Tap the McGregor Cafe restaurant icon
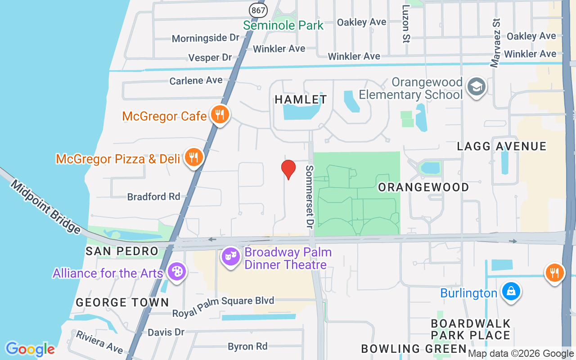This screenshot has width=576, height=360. (220, 115)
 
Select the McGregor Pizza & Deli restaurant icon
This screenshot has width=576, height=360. (194, 157)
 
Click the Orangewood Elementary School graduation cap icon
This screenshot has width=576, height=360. (476, 86)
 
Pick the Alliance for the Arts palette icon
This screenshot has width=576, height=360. (176, 272)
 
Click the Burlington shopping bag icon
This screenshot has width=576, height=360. (511, 291)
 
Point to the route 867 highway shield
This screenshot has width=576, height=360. (258, 9)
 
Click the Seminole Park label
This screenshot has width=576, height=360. (283, 25)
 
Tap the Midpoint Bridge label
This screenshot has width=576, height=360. (45, 207)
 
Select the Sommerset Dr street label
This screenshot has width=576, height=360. (309, 195)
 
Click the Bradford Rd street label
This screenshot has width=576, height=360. (153, 197)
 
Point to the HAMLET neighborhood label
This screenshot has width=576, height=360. (301, 99)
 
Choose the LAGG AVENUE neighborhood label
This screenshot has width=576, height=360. (502, 146)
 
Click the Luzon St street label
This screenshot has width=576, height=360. (406, 24)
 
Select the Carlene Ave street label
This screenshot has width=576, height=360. (196, 81)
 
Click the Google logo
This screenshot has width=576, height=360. (30, 349)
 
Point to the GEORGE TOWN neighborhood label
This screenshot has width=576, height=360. (122, 302)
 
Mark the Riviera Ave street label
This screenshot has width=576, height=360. (99, 342)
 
